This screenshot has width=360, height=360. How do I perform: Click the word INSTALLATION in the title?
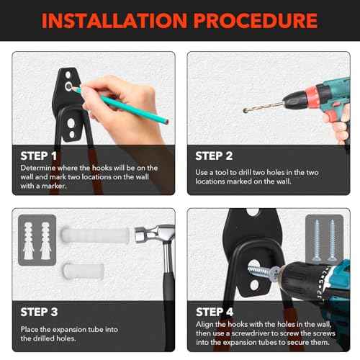point(114,21)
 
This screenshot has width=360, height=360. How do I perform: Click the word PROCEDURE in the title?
point(256,21)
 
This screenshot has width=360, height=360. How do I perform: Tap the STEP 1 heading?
point(39,156)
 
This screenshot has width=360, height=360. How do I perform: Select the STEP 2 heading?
point(214,156)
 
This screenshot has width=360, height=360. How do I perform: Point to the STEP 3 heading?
point(39,312)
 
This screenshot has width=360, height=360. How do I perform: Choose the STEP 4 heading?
point(215,312)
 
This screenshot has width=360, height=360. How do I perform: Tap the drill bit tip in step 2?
point(245,111)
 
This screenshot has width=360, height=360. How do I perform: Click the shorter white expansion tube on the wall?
point(84,271)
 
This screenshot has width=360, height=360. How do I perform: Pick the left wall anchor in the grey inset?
point(28,240)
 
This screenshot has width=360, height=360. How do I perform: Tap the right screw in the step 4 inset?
point(332,240)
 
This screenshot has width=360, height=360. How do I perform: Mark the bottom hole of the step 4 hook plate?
point(254,285)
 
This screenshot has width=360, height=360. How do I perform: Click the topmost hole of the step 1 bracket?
point(68,75)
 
